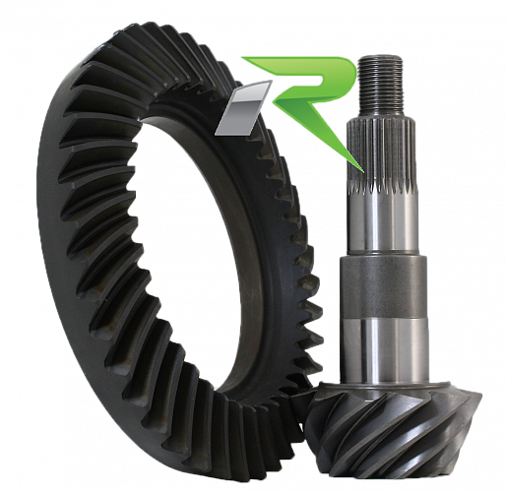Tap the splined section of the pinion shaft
381,154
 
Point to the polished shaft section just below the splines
383,224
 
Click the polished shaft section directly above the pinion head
385,351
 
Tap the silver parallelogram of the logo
243,108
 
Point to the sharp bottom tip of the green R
363,171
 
